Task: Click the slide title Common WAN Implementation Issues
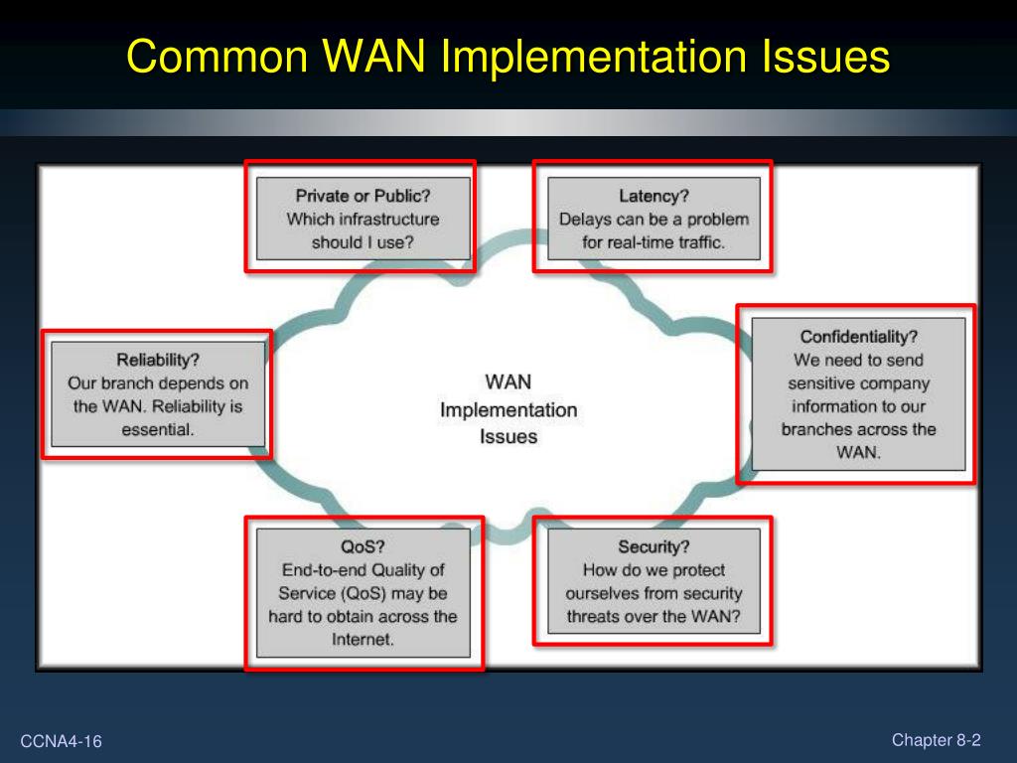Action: [508, 57]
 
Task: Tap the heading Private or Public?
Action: [363, 196]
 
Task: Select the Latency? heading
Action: [654, 196]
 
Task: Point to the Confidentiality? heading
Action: [858, 337]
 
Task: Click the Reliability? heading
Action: [158, 360]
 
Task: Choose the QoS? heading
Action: [363, 546]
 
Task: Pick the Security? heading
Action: [654, 546]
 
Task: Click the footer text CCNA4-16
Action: [62, 742]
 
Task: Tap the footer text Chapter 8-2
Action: [936, 739]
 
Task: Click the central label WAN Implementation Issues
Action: [508, 408]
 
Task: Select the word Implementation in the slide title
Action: [592, 57]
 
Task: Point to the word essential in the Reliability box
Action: [158, 429]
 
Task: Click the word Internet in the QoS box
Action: [363, 639]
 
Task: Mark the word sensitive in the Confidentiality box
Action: [824, 382]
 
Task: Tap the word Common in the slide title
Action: [218, 57]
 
